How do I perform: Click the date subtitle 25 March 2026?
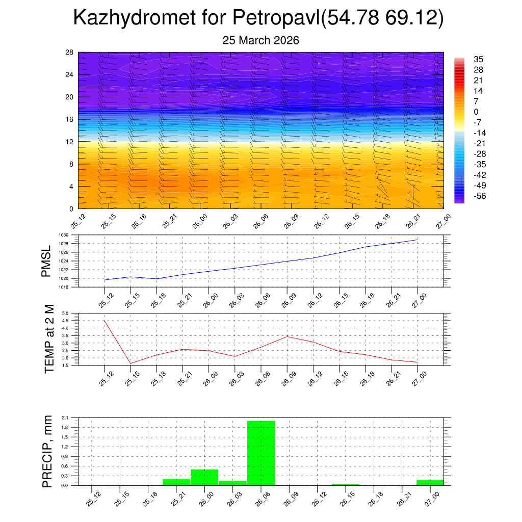tap(260, 40)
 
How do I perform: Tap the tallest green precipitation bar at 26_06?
tap(261, 453)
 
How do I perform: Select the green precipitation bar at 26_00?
tap(204, 477)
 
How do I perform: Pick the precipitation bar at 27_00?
tap(430, 482)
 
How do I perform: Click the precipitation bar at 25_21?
tap(176, 482)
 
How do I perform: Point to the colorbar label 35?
tap(478, 59)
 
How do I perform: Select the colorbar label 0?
tap(476, 112)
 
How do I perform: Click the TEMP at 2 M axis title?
tap(49, 338)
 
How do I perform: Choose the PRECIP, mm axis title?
tap(47, 451)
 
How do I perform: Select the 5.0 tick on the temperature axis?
tap(65, 313)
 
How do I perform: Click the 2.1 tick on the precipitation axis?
tap(65, 417)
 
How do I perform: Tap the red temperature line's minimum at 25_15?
tap(130, 363)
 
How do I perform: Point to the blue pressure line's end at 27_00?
tap(418, 240)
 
